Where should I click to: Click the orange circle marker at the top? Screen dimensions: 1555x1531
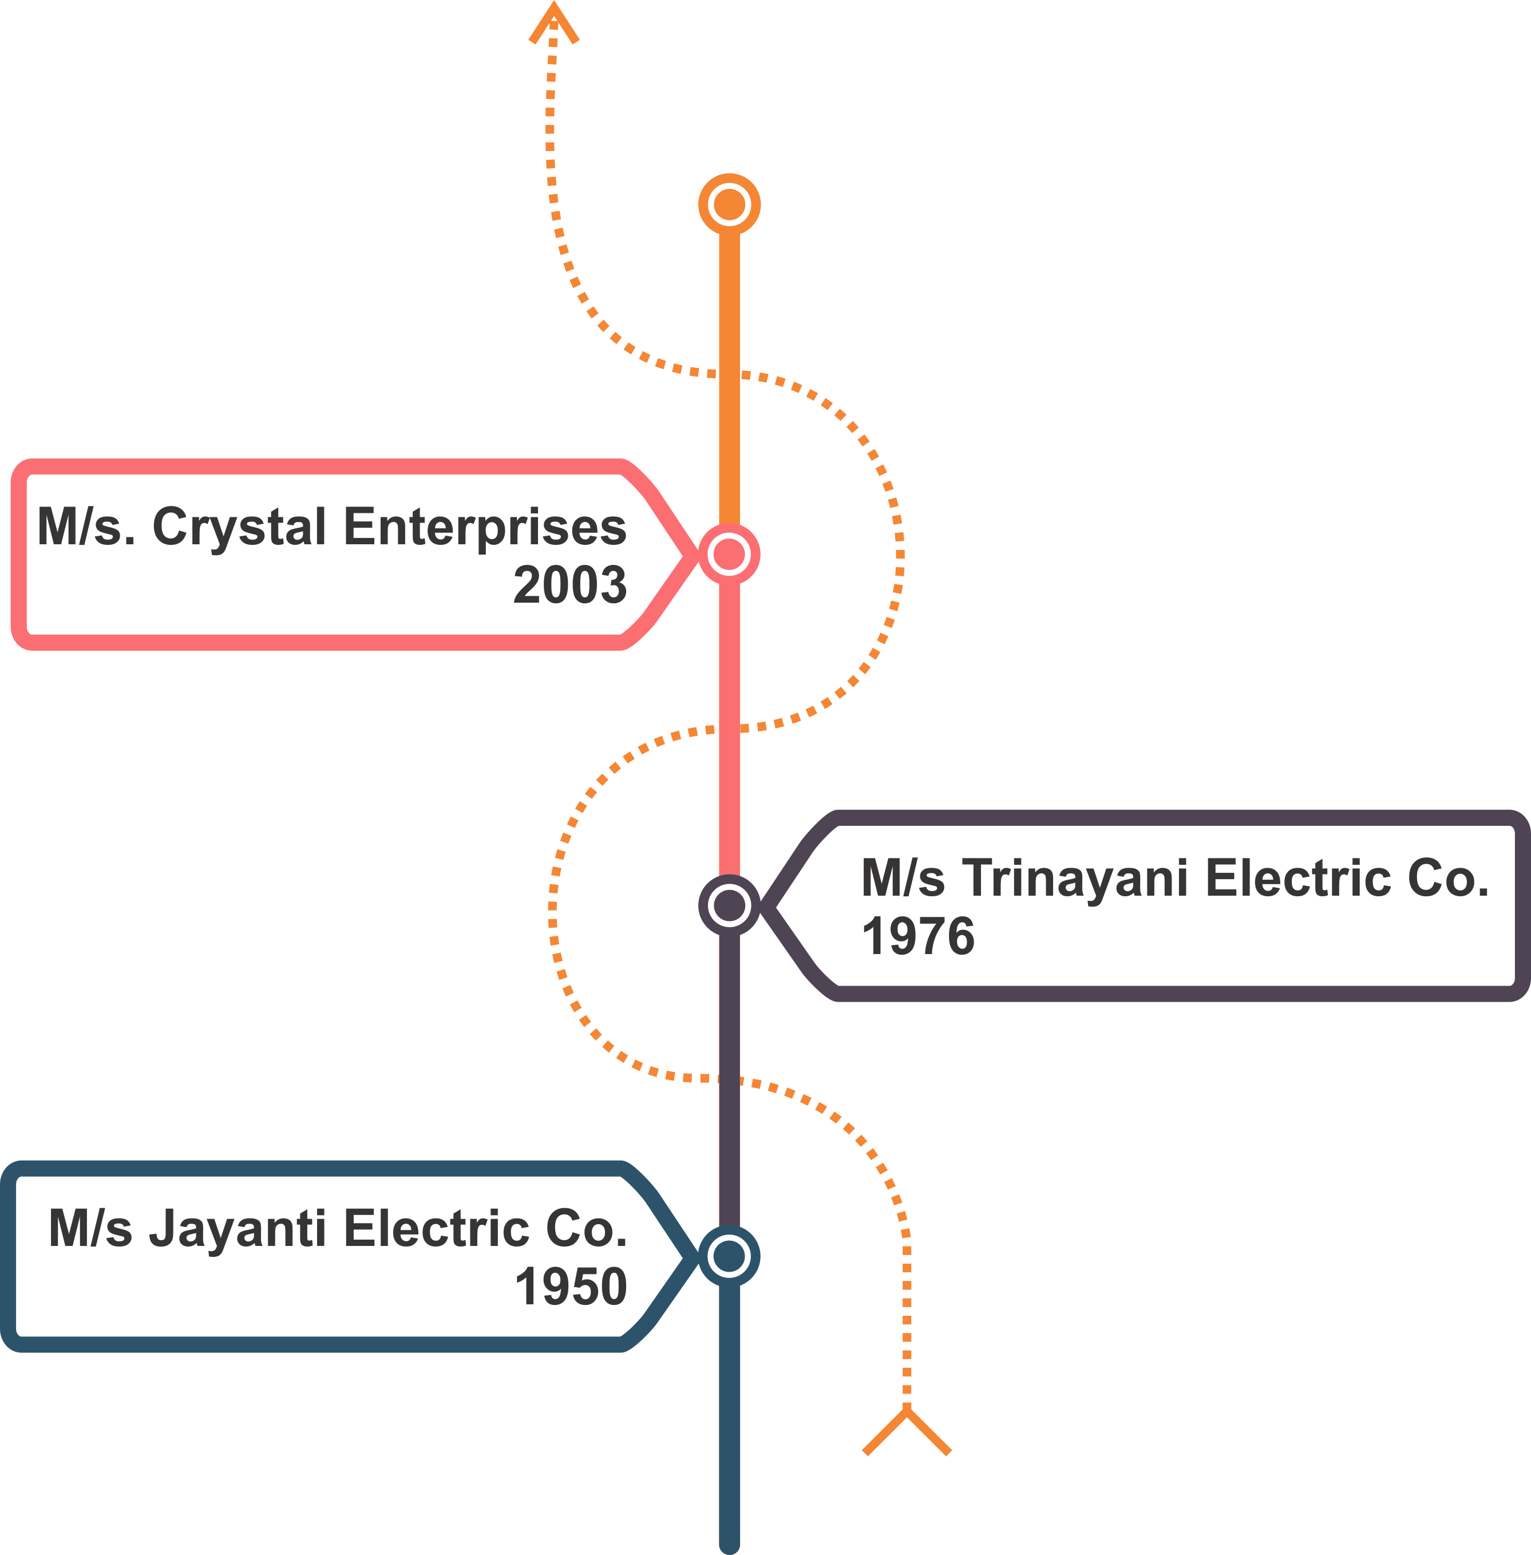pos(729,204)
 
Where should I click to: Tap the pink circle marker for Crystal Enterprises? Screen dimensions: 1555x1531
pos(729,554)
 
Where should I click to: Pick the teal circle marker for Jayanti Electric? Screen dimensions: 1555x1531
pos(729,1256)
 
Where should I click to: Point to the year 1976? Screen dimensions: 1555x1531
pos(917,937)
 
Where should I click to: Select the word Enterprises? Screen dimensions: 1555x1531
pos(485,528)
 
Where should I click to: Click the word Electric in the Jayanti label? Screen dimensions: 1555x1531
pos(437,1229)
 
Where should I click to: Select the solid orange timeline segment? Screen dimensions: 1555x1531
pos(729,362)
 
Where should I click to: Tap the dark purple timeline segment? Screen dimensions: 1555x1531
pos(729,1086)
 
